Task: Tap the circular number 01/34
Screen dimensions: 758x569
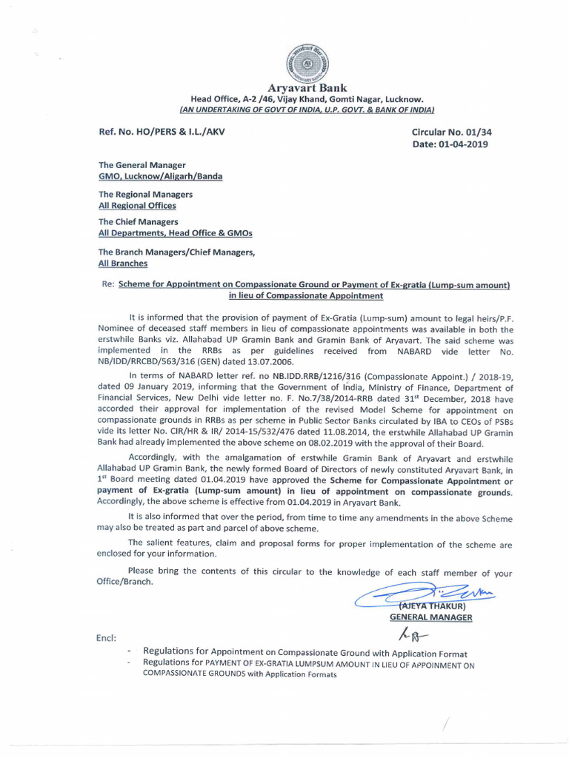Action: pyautogui.click(x=470, y=132)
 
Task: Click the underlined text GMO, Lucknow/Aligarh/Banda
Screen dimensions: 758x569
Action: pyautogui.click(x=160, y=177)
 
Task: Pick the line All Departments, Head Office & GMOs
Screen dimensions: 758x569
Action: pyautogui.click(x=176, y=233)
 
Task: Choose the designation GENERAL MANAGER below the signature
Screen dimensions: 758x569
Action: pyautogui.click(x=430, y=617)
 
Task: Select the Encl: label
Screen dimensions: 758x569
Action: pyautogui.click(x=106, y=638)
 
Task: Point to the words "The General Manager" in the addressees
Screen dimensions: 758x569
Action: pyautogui.click(x=142, y=165)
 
